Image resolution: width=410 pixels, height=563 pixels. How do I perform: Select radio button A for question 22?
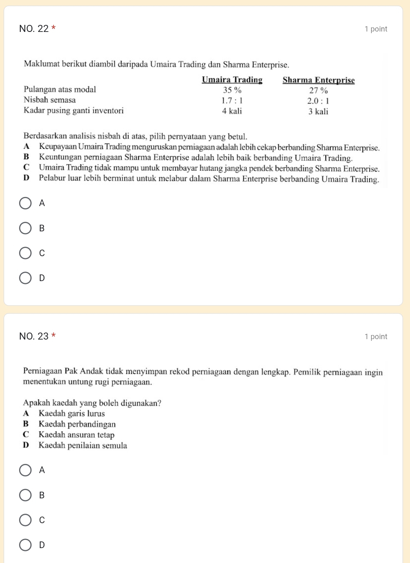click(25, 203)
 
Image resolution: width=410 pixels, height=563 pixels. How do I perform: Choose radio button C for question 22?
click(25, 253)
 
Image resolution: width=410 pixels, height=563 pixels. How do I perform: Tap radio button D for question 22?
click(25, 278)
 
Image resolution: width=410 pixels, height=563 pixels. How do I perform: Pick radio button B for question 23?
click(25, 495)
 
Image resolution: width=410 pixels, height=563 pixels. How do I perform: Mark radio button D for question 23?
click(25, 545)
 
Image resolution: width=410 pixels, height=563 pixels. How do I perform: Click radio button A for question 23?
click(25, 470)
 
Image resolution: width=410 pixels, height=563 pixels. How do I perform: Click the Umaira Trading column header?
click(232, 80)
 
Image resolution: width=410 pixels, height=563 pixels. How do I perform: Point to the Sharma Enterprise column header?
click(318, 80)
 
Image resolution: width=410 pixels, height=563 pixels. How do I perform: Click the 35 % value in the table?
click(232, 90)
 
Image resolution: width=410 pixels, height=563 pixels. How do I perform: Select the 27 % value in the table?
click(318, 90)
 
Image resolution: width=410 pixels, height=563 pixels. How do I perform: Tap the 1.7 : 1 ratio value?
click(232, 100)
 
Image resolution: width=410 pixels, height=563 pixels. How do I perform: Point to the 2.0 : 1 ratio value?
click(318, 101)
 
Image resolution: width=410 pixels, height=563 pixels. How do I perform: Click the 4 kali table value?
click(232, 111)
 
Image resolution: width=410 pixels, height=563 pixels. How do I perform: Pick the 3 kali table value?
click(318, 112)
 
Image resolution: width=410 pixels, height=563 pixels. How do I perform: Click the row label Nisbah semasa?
click(50, 100)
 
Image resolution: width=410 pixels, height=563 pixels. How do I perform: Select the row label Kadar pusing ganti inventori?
click(73, 111)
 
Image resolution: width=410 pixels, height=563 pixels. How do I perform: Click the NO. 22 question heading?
click(34, 29)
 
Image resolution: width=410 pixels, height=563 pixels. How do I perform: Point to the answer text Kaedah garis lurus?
click(71, 413)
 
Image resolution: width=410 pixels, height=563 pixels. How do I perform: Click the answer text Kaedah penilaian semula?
click(83, 445)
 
